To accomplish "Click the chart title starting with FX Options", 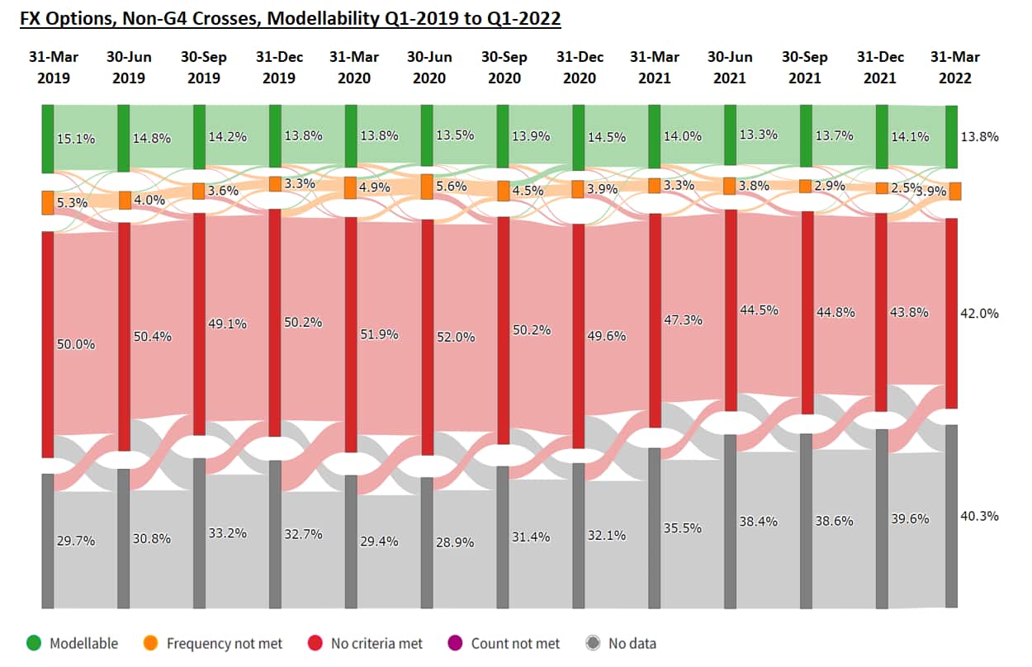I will click(x=291, y=18).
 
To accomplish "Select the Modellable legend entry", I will click(x=74, y=643).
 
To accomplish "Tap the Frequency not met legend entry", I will click(x=215, y=643).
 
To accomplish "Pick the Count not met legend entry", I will click(x=505, y=643).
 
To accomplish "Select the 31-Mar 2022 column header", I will click(x=955, y=68).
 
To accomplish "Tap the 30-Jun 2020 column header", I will click(x=429, y=68).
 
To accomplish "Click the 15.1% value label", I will click(x=76, y=139).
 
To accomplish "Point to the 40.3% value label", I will click(x=979, y=516).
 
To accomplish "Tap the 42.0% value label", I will click(x=979, y=314).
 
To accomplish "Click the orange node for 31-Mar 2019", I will click(x=48, y=202).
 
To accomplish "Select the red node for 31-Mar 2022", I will click(x=952, y=313).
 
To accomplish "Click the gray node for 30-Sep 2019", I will click(x=199, y=533).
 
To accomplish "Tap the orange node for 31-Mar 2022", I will click(x=955, y=191).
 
